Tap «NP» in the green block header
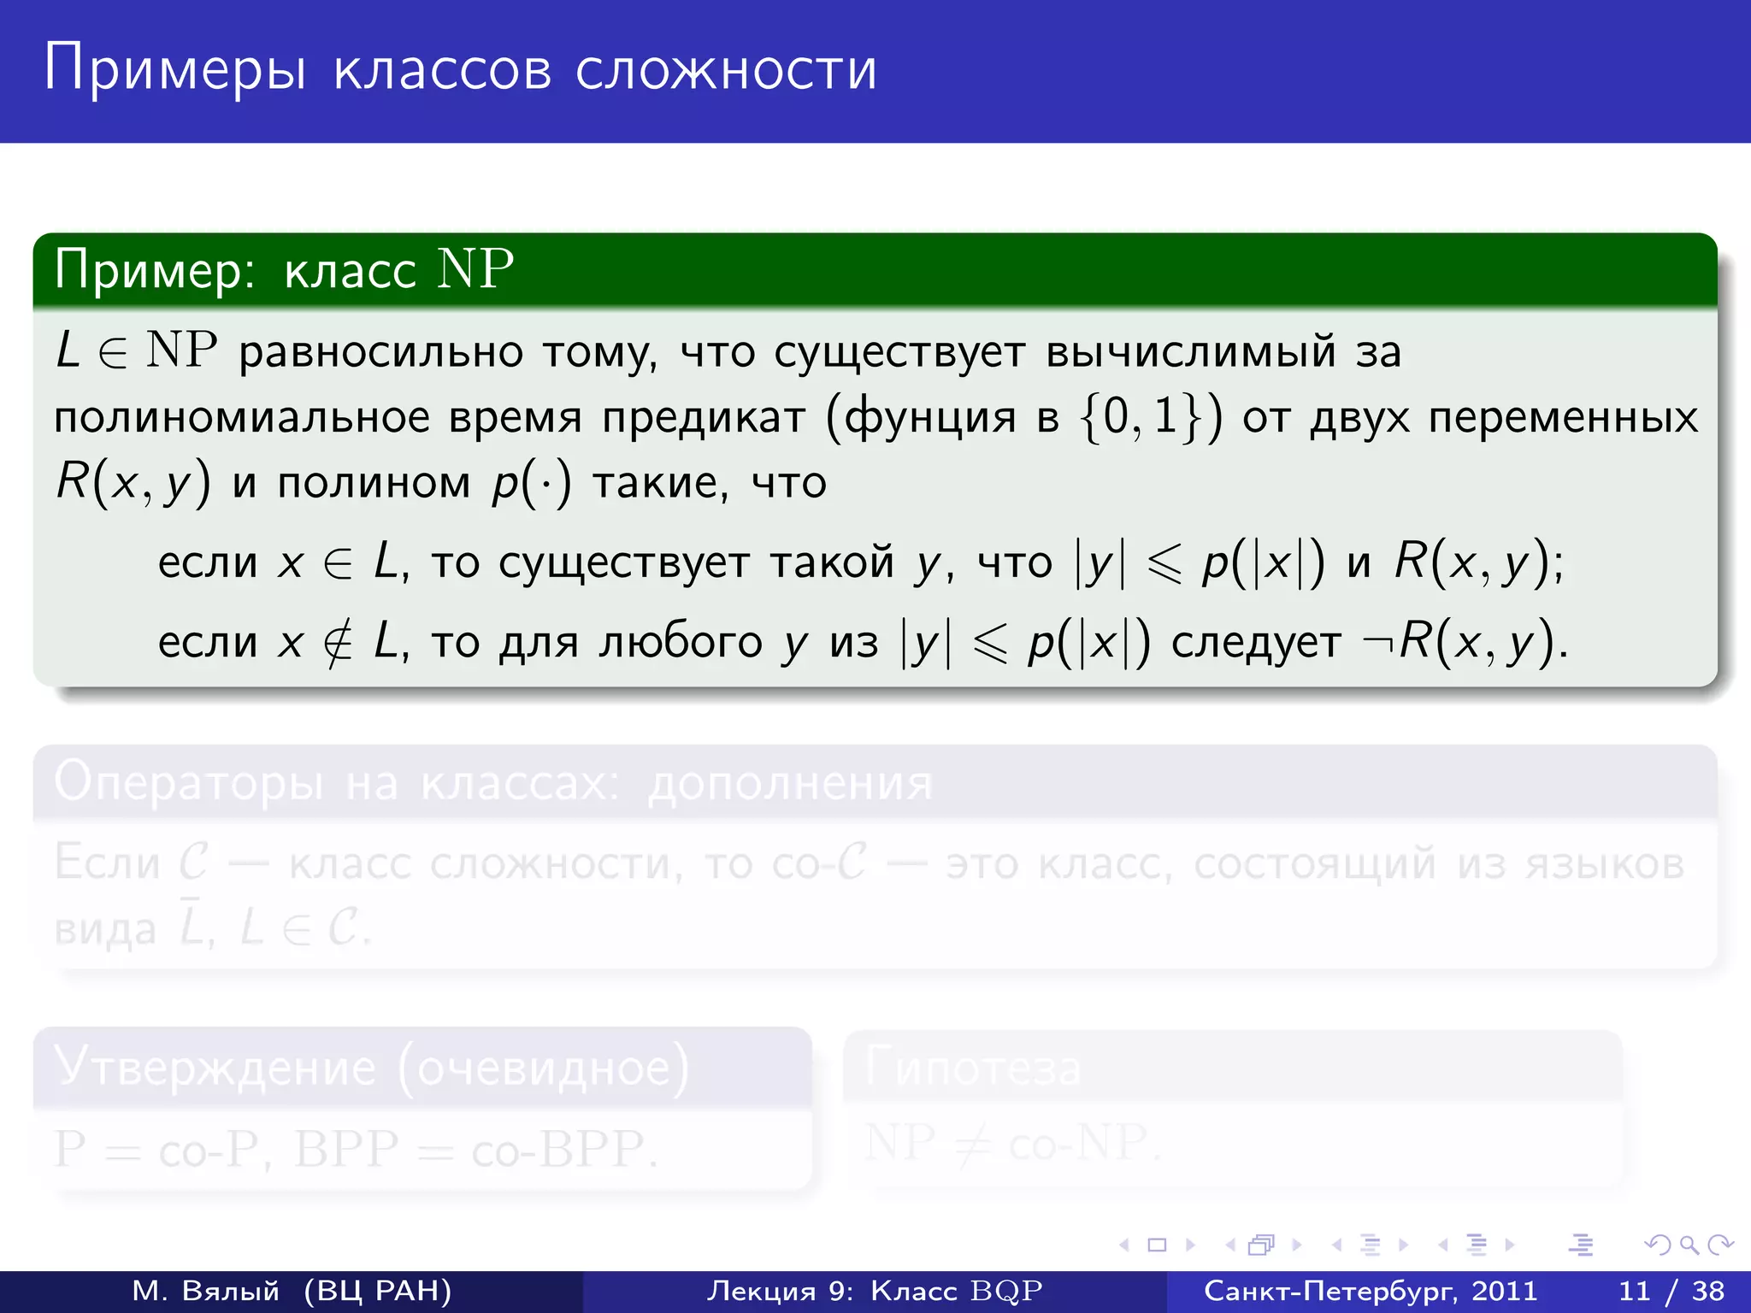pos(475,269)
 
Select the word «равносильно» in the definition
pos(380,352)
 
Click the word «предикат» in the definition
pos(704,418)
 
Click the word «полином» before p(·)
pos(374,483)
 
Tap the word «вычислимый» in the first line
pos(1190,352)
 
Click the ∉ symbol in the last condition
pos(338,643)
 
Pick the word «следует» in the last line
pos(1256,642)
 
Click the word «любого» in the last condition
pos(680,642)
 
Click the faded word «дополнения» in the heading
pos(790,783)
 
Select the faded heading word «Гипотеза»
pos(973,1069)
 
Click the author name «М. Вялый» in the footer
pos(206,1291)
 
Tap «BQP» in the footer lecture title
pos(1006,1291)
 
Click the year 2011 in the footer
pos(1503,1291)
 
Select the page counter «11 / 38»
pos(1671,1291)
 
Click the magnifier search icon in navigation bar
pos(1689,1245)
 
